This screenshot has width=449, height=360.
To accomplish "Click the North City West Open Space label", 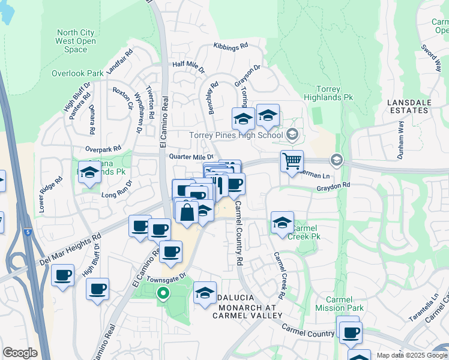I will coord(76,41).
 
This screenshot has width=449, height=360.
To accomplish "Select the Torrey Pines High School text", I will coord(236,135).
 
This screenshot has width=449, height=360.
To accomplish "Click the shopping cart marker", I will coord(292,161).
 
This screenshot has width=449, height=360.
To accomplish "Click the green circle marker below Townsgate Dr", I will coord(162,293).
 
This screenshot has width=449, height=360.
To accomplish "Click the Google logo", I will coord(19,353).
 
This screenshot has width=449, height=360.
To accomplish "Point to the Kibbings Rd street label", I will coord(231,46).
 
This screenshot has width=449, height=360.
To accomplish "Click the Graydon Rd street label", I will coord(333,187).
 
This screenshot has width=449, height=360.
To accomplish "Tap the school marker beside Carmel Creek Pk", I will coord(282,222).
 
